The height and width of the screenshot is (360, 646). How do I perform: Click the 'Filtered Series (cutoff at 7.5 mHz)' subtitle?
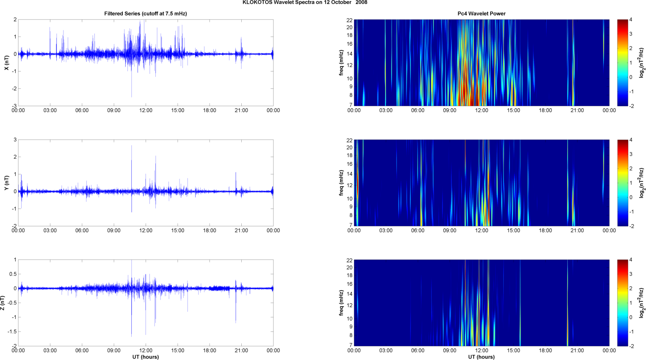[x=146, y=14]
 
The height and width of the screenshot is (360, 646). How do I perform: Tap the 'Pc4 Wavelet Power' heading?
[x=481, y=14]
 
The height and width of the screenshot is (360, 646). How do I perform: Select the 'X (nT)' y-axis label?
[x=6, y=63]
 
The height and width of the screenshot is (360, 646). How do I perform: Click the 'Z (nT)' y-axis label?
[x=3, y=303]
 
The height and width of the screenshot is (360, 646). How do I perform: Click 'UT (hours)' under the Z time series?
[x=146, y=357]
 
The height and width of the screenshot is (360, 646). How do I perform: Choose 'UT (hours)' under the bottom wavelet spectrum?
[x=481, y=357]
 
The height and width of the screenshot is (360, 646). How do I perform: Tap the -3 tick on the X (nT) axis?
[x=14, y=106]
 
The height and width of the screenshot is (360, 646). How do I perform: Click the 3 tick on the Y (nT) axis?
[x=15, y=140]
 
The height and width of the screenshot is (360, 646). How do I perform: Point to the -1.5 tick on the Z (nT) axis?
[x=12, y=332]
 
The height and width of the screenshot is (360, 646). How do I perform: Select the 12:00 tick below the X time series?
[x=146, y=110]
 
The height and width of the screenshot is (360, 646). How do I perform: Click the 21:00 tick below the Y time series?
[x=241, y=231]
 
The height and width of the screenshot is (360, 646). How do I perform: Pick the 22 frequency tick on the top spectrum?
[x=349, y=20]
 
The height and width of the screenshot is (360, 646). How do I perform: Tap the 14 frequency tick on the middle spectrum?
[x=349, y=174]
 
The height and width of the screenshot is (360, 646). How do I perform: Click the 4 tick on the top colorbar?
[x=631, y=20]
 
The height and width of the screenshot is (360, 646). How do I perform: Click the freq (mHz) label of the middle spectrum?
[x=341, y=183]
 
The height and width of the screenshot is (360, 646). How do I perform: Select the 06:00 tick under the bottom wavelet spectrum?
[x=417, y=350]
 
